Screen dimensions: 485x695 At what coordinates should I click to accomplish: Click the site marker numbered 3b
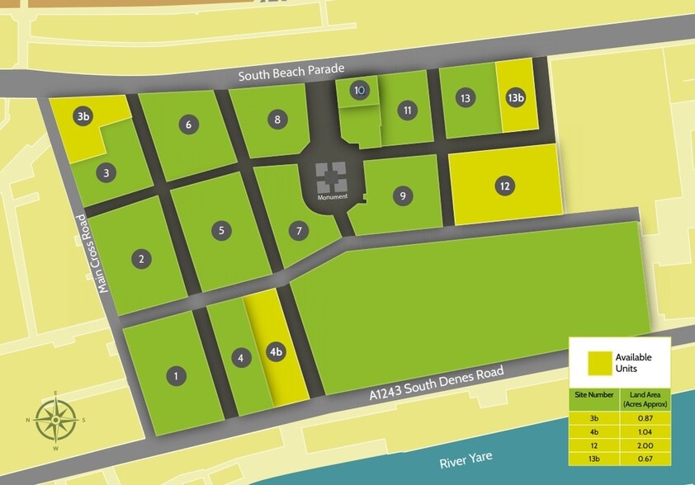[83, 116]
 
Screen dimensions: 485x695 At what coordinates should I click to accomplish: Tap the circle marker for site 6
[189, 125]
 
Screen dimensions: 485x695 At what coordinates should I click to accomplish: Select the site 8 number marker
[278, 120]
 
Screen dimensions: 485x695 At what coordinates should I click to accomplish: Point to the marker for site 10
[359, 90]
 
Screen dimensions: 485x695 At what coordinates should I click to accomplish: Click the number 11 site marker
[406, 110]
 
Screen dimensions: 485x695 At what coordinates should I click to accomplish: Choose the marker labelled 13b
[516, 98]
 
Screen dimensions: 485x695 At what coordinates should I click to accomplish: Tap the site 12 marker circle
[504, 186]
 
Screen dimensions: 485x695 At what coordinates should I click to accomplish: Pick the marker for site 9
[402, 196]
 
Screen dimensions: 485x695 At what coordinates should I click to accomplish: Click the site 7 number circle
[299, 231]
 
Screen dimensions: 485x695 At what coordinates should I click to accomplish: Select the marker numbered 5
[221, 230]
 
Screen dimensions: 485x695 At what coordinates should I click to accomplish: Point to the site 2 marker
[142, 258]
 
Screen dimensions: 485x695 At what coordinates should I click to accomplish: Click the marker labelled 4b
[277, 352]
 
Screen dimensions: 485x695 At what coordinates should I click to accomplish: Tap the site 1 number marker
[176, 377]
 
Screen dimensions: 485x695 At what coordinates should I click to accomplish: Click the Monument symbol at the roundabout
[333, 177]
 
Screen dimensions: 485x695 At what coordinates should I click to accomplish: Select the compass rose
[55, 420]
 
